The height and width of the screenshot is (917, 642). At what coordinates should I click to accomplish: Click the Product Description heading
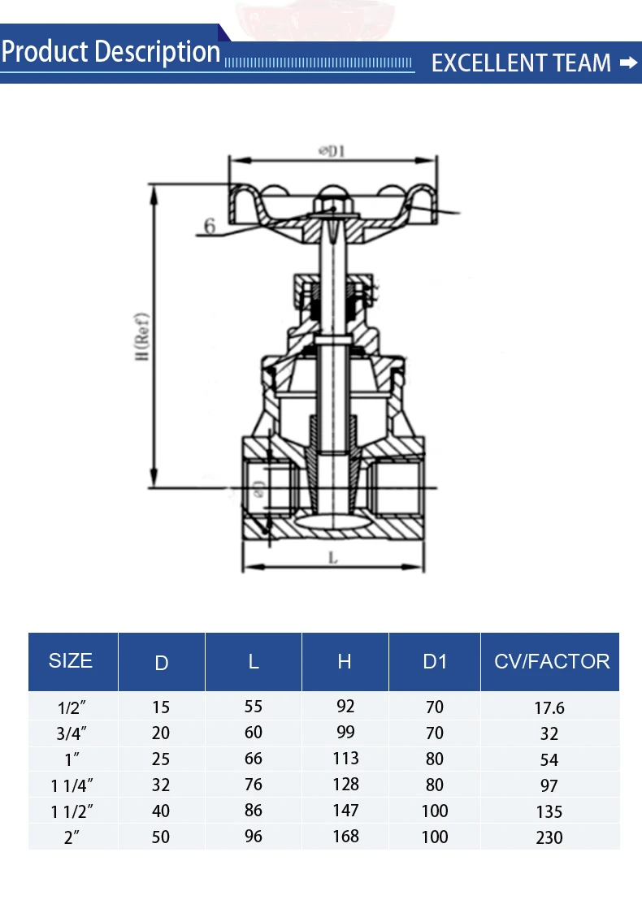[x=111, y=52]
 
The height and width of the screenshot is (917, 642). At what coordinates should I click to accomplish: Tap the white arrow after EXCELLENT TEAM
[x=628, y=63]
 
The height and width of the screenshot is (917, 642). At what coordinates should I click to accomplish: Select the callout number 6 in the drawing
[x=210, y=225]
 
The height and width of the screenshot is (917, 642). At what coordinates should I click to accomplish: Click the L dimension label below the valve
[x=333, y=557]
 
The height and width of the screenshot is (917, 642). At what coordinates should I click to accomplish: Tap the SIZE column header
[x=71, y=660]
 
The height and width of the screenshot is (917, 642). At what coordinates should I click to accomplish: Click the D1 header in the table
[x=435, y=662]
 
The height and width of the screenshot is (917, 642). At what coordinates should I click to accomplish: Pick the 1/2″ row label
[x=72, y=708]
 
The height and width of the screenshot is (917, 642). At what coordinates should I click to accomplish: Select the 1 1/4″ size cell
[x=72, y=785]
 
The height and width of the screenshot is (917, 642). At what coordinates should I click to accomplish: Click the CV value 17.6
[x=549, y=708]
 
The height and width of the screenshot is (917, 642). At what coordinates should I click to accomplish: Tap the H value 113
[x=345, y=759]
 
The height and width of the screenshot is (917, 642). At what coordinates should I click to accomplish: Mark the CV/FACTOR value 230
[x=549, y=837]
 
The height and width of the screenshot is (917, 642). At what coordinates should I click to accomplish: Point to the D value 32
[x=161, y=785]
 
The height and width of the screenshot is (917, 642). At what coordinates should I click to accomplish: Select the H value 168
[x=345, y=836]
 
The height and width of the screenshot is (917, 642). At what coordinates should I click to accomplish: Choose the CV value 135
[x=549, y=811]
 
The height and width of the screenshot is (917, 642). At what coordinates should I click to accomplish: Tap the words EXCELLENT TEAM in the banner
[x=521, y=63]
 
